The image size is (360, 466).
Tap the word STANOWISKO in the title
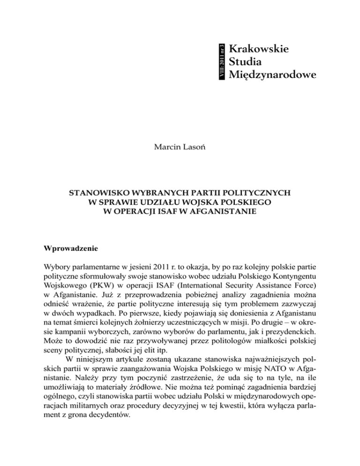[101, 193]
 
